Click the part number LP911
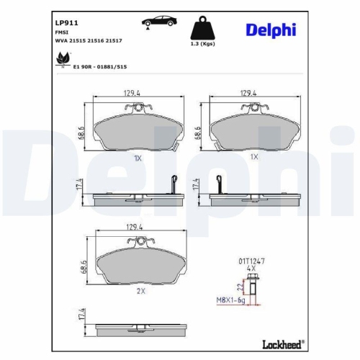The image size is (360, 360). coord(66,22)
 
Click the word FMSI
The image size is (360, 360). coord(62,32)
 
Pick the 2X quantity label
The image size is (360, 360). coord(140,291)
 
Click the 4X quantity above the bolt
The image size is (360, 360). coord(251,267)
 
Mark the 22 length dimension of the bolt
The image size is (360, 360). coord(239,287)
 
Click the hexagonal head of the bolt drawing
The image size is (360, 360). coord(251,276)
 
